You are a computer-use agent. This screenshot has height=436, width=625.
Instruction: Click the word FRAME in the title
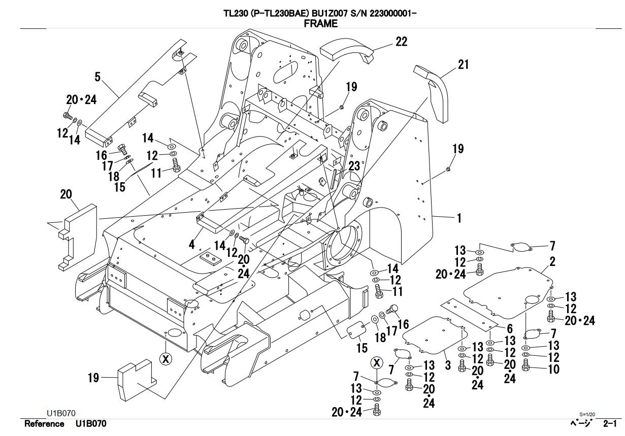point(320,23)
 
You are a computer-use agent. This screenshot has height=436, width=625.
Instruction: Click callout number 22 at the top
point(401,42)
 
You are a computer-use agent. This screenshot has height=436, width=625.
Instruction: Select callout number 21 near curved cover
point(463,65)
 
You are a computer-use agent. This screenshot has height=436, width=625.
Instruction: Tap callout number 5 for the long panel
point(97,77)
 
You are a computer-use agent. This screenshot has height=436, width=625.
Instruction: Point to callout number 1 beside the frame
point(459,218)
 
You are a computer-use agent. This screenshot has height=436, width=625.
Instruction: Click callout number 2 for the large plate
point(552,262)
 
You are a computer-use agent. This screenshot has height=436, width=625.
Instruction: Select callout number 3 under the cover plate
point(448,365)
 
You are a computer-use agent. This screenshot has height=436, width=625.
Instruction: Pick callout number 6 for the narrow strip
point(510,329)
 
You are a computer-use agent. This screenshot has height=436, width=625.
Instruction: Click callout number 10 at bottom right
point(554,368)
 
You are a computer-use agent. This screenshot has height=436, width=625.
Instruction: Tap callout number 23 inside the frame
point(354,165)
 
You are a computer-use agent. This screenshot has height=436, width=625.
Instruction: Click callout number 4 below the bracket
point(192,245)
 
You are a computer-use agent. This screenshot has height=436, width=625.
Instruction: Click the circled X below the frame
point(166,359)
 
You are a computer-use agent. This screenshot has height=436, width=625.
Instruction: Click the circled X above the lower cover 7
point(376,362)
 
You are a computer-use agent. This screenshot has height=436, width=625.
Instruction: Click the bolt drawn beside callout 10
point(526,363)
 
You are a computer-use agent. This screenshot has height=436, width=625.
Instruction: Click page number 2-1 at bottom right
point(610,424)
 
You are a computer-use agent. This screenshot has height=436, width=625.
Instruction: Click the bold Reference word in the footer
point(44,424)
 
